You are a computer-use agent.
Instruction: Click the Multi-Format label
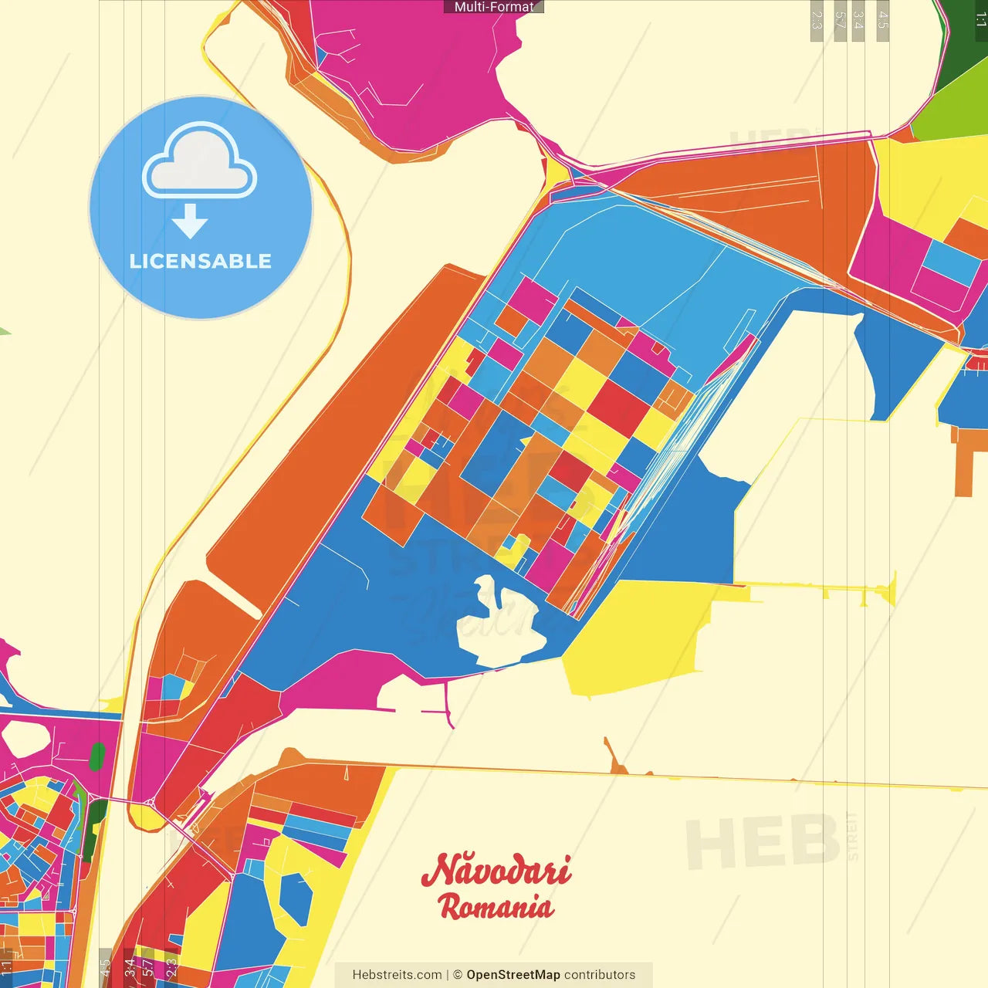pyautogui.click(x=494, y=7)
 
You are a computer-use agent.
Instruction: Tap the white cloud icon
pyautogui.click(x=199, y=162)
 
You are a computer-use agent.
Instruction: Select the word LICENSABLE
pyautogui.click(x=201, y=261)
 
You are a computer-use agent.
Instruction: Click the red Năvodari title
pyautogui.click(x=496, y=870)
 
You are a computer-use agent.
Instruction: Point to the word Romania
pyautogui.click(x=496, y=906)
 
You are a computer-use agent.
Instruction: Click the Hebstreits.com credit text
pyautogui.click(x=397, y=975)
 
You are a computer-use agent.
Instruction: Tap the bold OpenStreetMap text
pyautogui.click(x=513, y=975)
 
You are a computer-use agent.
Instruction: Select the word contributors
pyautogui.click(x=600, y=975)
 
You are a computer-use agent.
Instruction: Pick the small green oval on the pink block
pyautogui.click(x=97, y=756)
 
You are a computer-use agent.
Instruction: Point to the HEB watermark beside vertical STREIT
pyautogui.click(x=760, y=841)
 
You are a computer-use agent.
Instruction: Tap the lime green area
pyautogui.click(x=953, y=116)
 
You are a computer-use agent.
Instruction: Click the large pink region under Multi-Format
pyautogui.click(x=409, y=62)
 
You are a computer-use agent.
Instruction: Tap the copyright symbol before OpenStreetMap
pyautogui.click(x=458, y=975)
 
